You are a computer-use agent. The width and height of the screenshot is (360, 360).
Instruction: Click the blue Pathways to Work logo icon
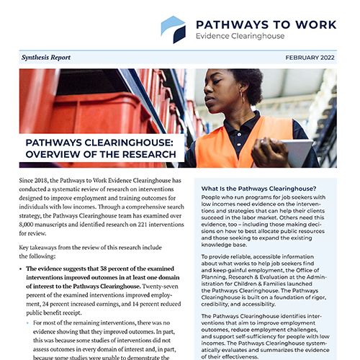point(172,30)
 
